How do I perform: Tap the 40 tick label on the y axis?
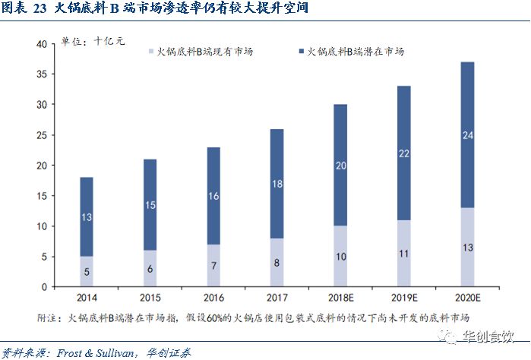click(43, 44)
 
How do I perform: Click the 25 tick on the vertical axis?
click(43, 135)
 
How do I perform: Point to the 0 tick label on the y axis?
click(46, 287)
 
